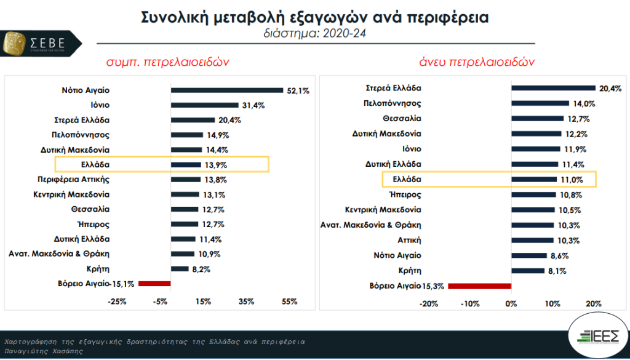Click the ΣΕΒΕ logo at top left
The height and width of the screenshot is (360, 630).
(42, 42)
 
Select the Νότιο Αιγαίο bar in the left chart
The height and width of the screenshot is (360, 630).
(226, 90)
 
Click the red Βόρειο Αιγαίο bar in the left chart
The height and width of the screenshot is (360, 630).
(154, 283)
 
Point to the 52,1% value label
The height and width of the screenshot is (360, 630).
(298, 90)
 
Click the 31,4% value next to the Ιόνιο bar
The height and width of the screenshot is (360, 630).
(253, 105)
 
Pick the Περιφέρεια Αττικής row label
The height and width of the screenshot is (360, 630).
(71, 179)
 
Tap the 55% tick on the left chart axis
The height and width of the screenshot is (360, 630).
(289, 302)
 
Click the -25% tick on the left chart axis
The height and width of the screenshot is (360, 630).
(117, 302)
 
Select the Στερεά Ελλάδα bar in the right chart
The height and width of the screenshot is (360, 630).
(553, 88)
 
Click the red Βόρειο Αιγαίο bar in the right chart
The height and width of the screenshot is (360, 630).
(479, 286)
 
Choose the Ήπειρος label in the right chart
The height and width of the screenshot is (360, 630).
(405, 194)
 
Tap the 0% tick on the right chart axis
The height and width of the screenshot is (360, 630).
(511, 303)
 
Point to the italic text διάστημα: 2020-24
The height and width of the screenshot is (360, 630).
(314, 33)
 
